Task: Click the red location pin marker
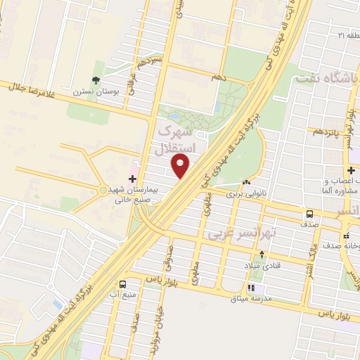pos(181,167)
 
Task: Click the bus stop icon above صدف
pos(309,214)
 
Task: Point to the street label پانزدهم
pos(325,131)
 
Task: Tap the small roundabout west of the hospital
pos(103,190)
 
